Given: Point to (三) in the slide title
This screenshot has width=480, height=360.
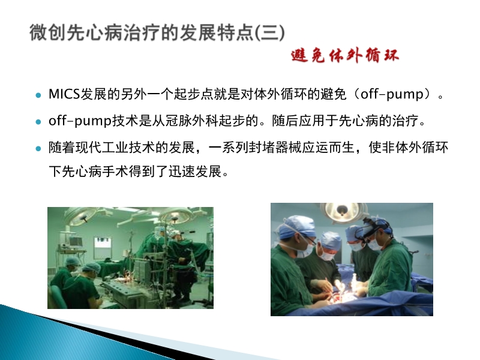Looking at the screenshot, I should [x=269, y=33].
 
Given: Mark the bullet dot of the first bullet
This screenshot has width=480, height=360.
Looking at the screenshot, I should [x=38, y=95].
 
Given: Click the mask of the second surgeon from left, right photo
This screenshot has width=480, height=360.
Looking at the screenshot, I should [x=328, y=254].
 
